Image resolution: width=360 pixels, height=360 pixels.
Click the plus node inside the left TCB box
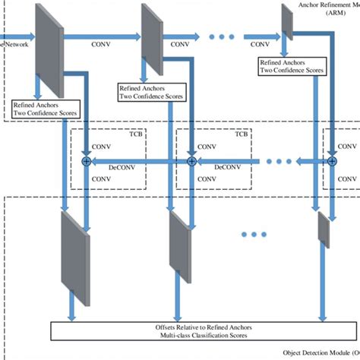(x=87, y=161)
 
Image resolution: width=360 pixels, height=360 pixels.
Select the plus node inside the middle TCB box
(x=192, y=161)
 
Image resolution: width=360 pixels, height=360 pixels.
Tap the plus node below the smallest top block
(x=332, y=161)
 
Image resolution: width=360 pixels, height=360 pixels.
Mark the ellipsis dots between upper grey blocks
(x=224, y=36)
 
